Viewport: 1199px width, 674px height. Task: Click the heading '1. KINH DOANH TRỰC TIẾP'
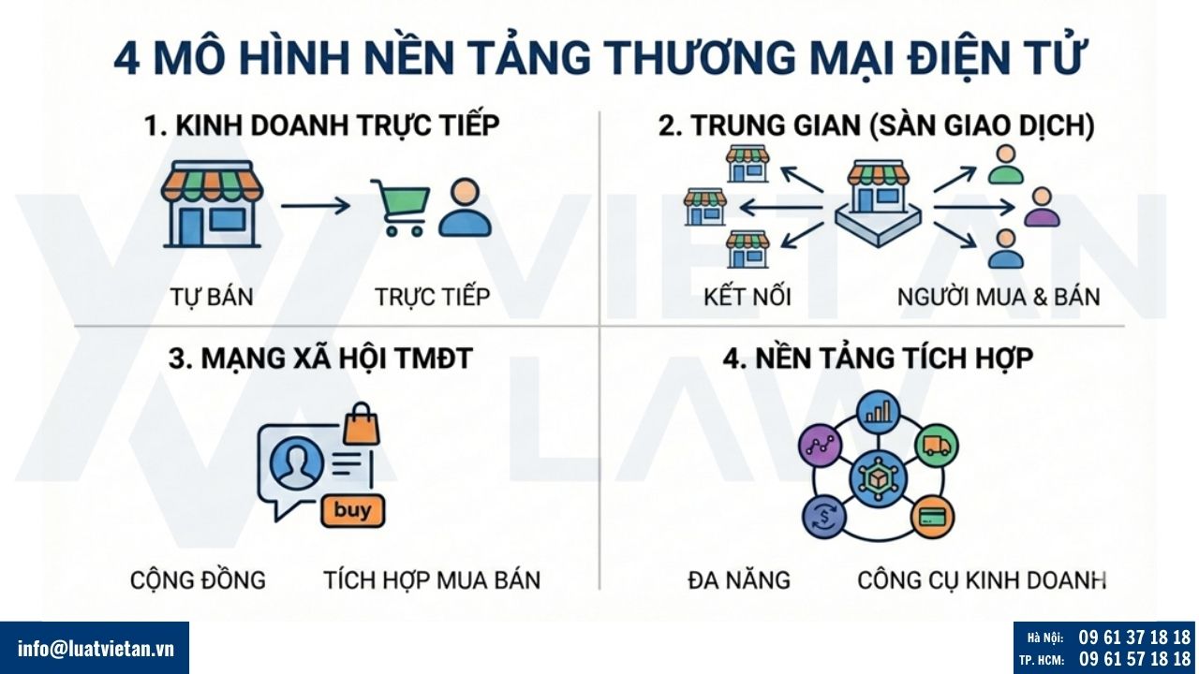pyautogui.click(x=322, y=126)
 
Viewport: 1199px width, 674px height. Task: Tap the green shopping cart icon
pyautogui.click(x=400, y=207)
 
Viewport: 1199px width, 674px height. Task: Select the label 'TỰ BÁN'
pyautogui.click(x=212, y=297)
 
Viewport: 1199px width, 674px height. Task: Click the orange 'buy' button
pyautogui.click(x=352, y=511)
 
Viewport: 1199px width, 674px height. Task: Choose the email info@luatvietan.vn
pyautogui.click(x=96, y=648)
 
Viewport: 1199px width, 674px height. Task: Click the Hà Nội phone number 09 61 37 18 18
pyautogui.click(x=1134, y=637)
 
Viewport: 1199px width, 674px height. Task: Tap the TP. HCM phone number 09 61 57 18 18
pyautogui.click(x=1134, y=659)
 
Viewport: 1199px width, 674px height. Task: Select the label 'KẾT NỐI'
pyautogui.click(x=748, y=297)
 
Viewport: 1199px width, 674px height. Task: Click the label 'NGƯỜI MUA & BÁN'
pyautogui.click(x=999, y=297)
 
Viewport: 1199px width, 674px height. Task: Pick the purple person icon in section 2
pyautogui.click(x=1042, y=209)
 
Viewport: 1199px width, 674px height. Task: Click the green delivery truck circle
pyautogui.click(x=938, y=446)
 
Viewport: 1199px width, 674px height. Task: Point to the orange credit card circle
pyautogui.click(x=932, y=516)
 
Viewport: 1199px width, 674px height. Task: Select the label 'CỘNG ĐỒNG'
pyautogui.click(x=198, y=579)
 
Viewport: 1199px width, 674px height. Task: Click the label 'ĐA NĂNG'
pyautogui.click(x=739, y=579)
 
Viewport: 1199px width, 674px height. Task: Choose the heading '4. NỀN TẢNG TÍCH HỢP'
pyautogui.click(x=878, y=358)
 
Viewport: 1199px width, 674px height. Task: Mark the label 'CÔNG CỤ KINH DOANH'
pyautogui.click(x=982, y=579)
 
